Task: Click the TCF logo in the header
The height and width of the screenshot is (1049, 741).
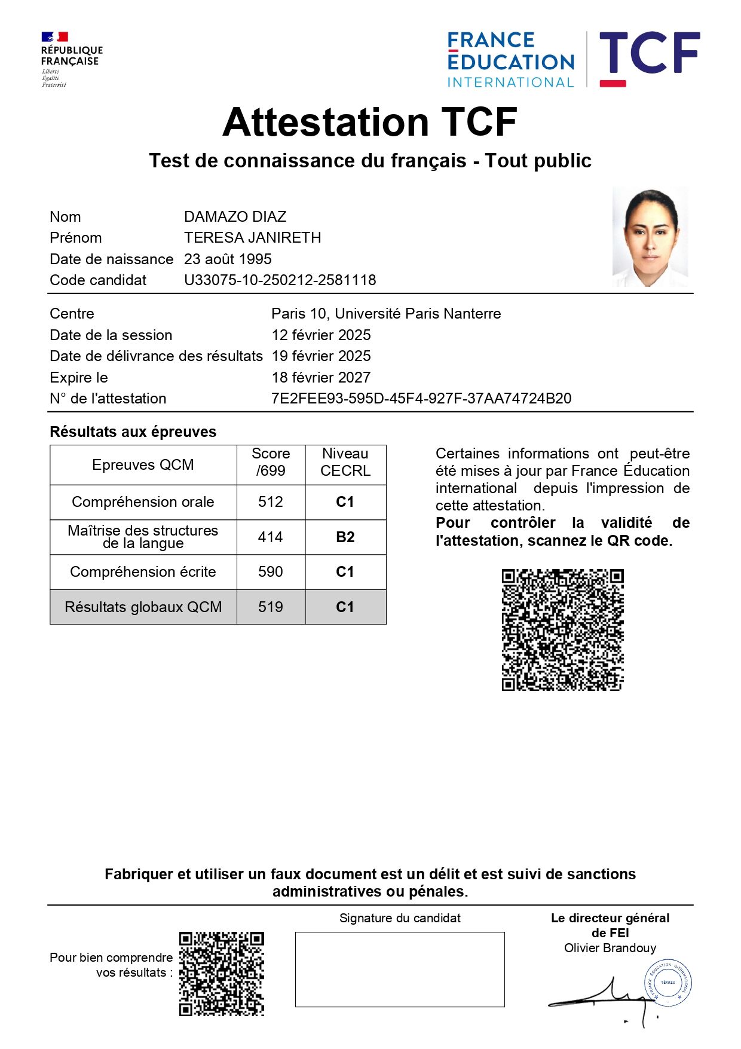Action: click(x=649, y=58)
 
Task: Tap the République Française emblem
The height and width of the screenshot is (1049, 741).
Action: click(x=71, y=59)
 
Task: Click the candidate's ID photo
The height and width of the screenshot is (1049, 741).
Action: click(x=650, y=237)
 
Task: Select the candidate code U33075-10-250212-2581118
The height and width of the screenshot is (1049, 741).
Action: click(x=280, y=280)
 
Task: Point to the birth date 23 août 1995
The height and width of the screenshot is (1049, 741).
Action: click(x=228, y=259)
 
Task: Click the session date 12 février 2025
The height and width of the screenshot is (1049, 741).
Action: click(x=321, y=335)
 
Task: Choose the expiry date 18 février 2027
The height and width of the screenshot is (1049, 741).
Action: click(x=321, y=378)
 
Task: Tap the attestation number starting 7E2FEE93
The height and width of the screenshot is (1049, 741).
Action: click(x=421, y=399)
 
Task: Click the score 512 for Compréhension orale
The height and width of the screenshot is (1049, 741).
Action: click(x=271, y=502)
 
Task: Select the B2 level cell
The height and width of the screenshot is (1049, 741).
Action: click(x=345, y=537)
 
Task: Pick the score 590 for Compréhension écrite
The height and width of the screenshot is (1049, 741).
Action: click(x=271, y=572)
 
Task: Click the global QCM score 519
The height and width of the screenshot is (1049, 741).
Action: click(x=271, y=607)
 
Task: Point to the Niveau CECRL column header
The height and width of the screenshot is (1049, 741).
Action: click(x=345, y=463)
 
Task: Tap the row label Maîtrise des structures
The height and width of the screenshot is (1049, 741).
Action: click(x=143, y=537)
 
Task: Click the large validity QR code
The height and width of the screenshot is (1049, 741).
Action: click(x=562, y=630)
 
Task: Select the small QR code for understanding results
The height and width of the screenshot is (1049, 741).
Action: click(x=222, y=974)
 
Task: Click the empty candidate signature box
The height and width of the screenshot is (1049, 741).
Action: click(x=400, y=970)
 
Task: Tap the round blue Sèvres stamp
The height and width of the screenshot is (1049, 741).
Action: click(x=667, y=983)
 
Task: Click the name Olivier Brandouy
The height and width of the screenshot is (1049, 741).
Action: click(x=610, y=949)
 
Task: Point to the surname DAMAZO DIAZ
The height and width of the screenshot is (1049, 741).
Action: click(x=235, y=217)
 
